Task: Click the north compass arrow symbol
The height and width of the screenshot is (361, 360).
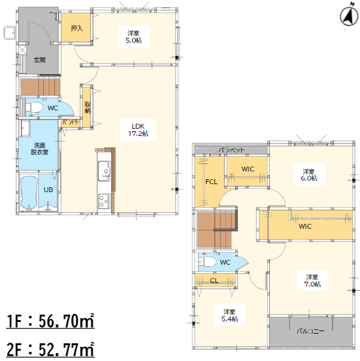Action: pos(349,15)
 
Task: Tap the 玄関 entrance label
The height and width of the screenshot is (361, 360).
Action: pos(40,60)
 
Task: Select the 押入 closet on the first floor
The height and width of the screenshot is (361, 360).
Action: pos(76,27)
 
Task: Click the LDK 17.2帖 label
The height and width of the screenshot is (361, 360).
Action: pos(138,130)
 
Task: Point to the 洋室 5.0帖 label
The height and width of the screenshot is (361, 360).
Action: pos(133,37)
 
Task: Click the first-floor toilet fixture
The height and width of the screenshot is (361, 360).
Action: pos(34,107)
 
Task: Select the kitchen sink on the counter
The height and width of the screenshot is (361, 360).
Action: pos(104,171)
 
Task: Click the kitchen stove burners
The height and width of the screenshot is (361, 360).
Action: pos(104,201)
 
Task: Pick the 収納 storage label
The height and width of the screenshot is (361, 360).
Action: pos(88,107)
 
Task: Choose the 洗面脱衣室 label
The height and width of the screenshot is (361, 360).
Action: pos(40,149)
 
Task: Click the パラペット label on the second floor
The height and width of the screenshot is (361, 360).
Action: pos(231,150)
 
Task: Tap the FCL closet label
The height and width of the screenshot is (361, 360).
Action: pos(211,182)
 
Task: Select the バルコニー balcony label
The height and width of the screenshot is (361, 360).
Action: pos(310,331)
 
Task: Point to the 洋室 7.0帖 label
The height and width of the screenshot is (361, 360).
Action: pos(312,281)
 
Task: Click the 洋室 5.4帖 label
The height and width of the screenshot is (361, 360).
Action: pos(230,315)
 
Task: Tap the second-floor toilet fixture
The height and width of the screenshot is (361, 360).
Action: pos(207,262)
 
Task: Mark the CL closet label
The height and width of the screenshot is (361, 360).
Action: pos(214,281)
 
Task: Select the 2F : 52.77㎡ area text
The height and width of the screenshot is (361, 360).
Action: pos(51,349)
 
